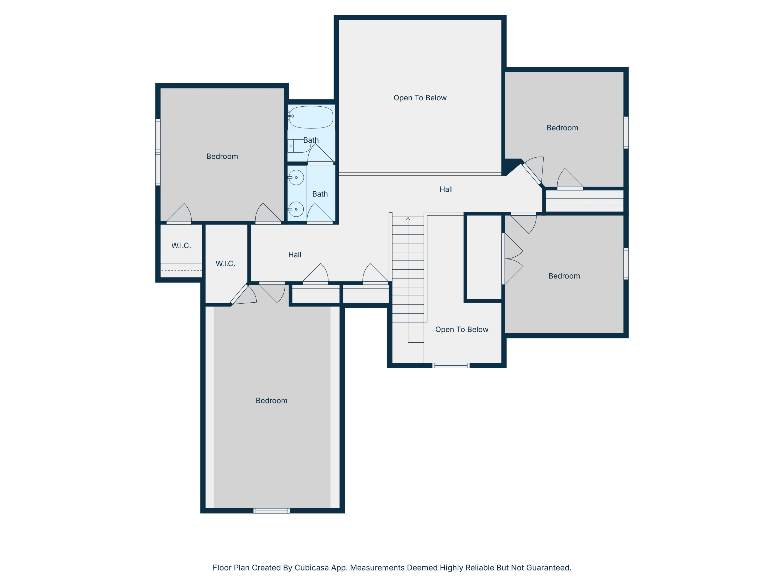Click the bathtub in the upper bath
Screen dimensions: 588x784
311,117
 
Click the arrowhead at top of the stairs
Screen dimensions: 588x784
408,219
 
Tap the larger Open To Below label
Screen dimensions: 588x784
420,98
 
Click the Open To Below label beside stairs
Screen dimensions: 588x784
462,329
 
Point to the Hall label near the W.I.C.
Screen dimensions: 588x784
295,255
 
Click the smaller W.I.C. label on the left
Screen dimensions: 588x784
181,246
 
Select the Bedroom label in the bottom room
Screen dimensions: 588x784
272,401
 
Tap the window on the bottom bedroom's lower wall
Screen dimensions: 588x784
272,511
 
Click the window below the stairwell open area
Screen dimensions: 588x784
451,365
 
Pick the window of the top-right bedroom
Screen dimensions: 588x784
626,132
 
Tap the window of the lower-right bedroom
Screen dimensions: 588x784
626,263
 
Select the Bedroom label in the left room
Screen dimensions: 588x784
222,156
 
